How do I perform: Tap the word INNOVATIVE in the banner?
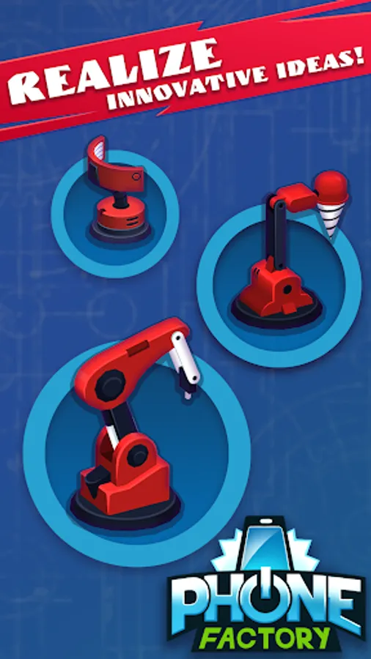click(x=187, y=86)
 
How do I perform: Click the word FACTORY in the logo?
click(x=264, y=638)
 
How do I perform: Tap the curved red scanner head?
click(x=114, y=167)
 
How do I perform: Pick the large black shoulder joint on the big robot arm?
click(x=110, y=386)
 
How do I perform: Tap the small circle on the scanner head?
click(x=136, y=176)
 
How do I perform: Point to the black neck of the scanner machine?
click(x=121, y=199)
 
